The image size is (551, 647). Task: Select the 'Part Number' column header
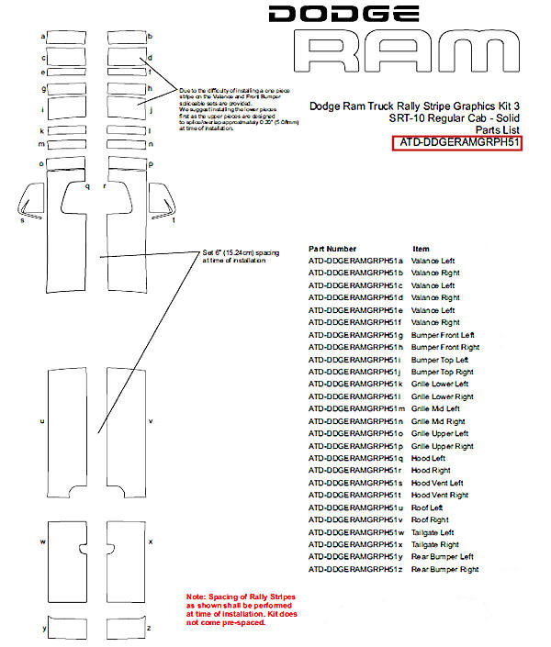click(332, 249)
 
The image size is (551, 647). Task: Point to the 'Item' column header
click(421, 249)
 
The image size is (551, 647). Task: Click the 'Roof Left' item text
click(427, 508)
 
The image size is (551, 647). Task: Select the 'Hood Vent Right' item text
click(439, 496)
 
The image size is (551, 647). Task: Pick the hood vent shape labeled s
click(32, 199)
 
